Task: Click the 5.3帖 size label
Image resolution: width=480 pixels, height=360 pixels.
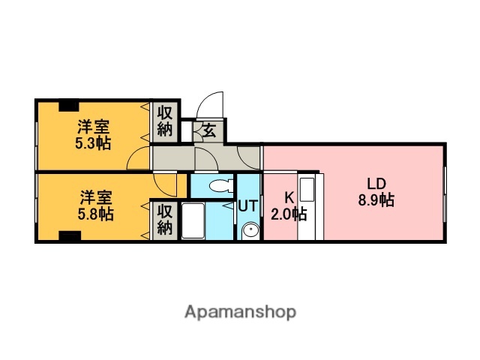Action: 93,142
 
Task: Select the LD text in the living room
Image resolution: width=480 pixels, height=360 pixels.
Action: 376,183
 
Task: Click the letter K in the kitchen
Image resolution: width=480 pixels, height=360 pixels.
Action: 288,198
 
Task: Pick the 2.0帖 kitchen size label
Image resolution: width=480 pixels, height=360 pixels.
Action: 288,214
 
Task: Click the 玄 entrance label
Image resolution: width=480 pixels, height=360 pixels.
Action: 208,130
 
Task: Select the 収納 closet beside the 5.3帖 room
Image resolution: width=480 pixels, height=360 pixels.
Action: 166,121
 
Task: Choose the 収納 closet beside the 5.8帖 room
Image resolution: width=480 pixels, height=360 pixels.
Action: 166,219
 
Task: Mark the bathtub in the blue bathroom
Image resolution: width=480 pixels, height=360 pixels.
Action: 193,221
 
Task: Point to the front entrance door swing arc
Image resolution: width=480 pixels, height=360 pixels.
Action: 212,105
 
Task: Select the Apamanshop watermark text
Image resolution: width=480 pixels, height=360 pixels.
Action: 240,311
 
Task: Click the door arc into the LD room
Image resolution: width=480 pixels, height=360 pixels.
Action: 250,157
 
